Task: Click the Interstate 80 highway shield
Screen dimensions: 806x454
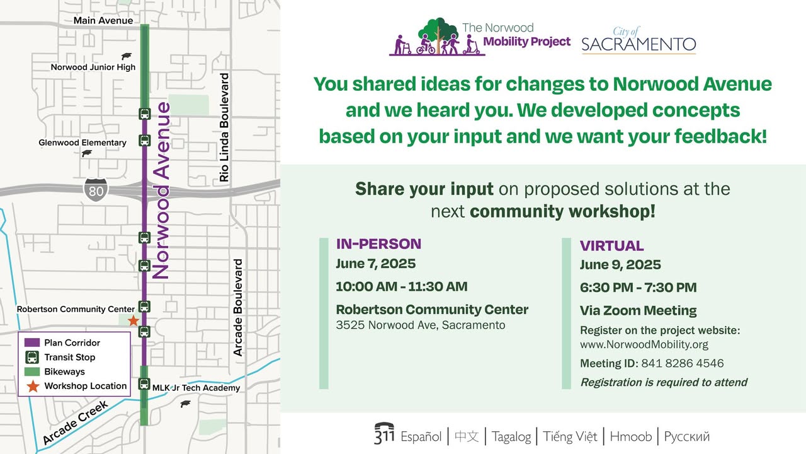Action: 96,190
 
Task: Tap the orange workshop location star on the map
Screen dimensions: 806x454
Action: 133,320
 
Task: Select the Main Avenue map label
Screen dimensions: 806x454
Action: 103,21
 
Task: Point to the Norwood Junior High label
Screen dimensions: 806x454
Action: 93,67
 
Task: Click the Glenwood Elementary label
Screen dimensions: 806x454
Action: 82,143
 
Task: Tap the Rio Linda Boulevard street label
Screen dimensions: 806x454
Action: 224,127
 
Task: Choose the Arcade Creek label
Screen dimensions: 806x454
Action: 76,422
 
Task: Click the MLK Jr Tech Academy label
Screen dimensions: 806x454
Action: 196,388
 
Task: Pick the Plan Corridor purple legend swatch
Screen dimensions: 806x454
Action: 32,342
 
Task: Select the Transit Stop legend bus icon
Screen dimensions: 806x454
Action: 32,357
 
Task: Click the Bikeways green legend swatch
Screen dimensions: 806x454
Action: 32,371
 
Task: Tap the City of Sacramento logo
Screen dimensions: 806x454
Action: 639,40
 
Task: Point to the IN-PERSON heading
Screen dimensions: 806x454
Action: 378,244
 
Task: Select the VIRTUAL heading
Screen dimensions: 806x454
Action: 611,246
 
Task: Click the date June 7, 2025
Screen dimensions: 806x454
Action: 376,264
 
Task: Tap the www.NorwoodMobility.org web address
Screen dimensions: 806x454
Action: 644,344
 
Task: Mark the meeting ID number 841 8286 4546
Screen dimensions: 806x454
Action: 682,363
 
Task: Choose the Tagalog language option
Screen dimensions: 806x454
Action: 511,437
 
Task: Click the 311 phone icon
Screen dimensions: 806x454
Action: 384,433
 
